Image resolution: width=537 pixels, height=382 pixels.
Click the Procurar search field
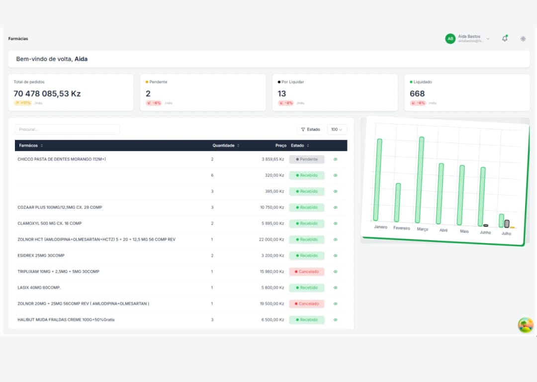[x=67, y=129]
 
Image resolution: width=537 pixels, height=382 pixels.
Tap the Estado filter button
[x=310, y=129]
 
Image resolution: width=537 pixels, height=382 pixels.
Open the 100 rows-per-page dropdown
[x=337, y=129]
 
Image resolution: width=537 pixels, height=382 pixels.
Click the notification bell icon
[x=505, y=38]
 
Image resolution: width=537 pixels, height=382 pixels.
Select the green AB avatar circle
[x=450, y=39]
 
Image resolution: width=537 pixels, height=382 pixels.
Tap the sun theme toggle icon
[x=523, y=39]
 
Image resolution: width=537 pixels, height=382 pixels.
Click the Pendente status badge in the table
[x=307, y=160]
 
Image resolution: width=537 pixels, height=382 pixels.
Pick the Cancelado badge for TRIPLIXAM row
[x=307, y=272]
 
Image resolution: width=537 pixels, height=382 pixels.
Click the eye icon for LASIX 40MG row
[x=335, y=287]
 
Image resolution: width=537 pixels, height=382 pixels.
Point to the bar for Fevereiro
[x=397, y=202]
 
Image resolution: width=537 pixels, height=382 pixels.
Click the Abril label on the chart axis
[x=444, y=230]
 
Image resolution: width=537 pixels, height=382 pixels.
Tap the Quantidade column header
[x=226, y=145]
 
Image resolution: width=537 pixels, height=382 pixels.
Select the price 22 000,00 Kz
[x=271, y=239]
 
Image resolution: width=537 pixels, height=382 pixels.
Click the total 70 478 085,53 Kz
[x=47, y=94]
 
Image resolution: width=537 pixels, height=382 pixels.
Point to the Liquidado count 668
[x=417, y=94]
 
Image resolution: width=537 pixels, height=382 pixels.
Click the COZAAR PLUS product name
[x=60, y=207]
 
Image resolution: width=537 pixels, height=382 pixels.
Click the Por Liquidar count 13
[x=282, y=94]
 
